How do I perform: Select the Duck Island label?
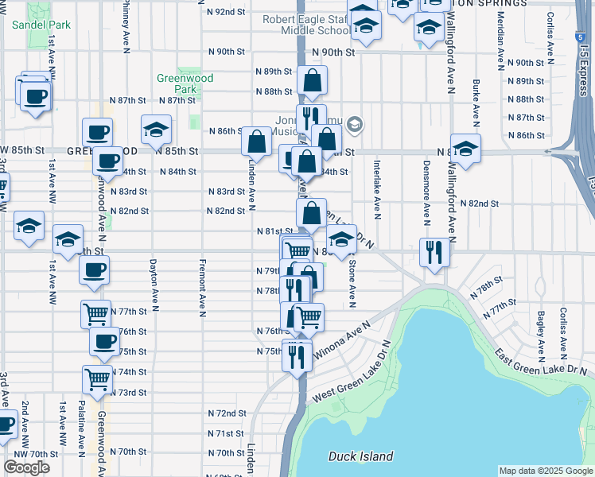360,456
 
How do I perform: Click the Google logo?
26,467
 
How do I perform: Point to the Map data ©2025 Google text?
545,471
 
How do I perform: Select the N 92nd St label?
226,13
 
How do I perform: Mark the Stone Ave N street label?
351,281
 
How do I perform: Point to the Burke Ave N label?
475,103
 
